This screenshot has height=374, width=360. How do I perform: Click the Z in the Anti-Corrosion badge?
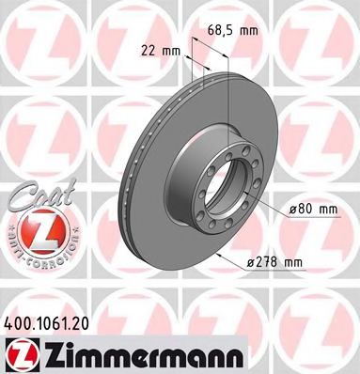click(x=35, y=227)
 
